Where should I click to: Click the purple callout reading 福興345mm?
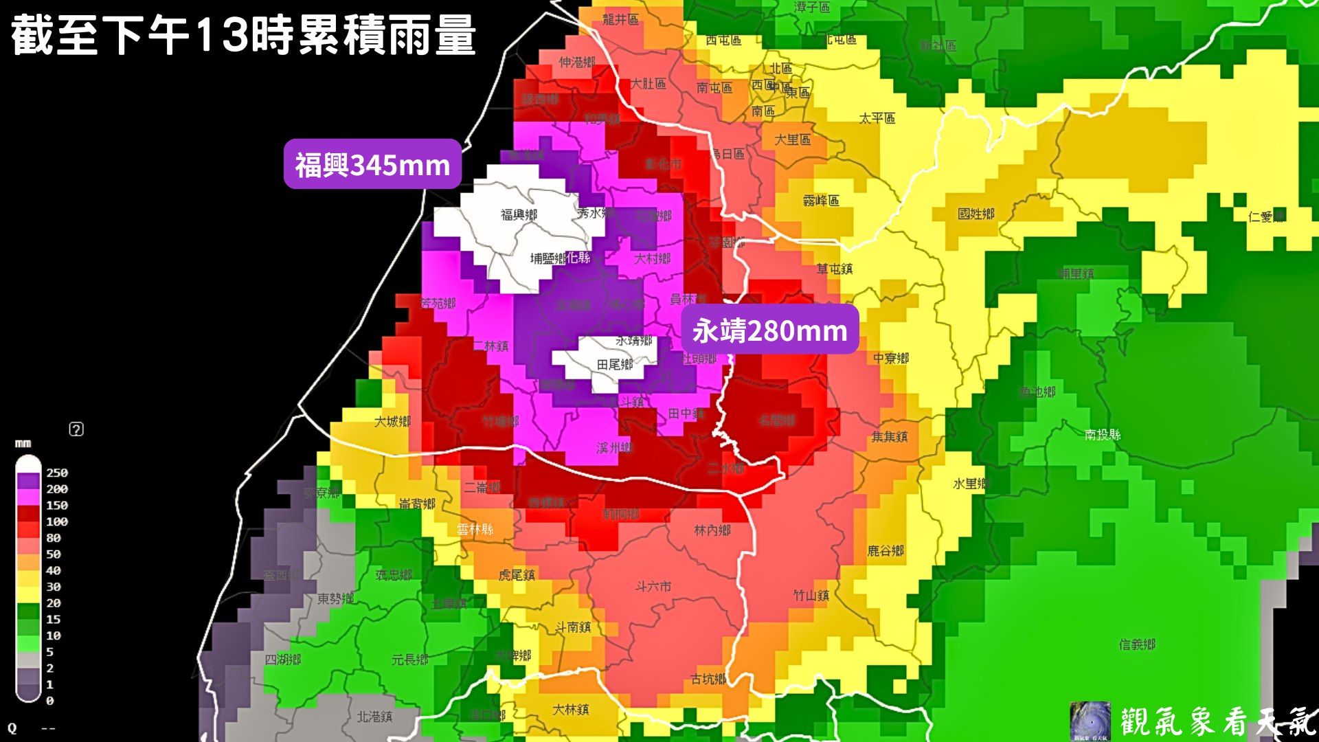tap(372, 165)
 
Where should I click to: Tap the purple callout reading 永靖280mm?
tap(769, 330)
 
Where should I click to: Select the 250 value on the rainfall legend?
tap(57, 473)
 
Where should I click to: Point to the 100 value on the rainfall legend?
tap(57, 521)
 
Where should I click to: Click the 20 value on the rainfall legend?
tap(54, 603)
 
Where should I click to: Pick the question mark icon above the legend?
tap(76, 429)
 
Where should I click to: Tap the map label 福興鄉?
tap(519, 215)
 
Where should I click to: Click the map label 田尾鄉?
tap(615, 365)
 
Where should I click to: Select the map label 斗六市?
tap(653, 586)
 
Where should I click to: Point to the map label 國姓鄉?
tap(976, 214)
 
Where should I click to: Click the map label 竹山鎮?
tap(811, 595)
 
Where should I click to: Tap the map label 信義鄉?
tap(1137, 644)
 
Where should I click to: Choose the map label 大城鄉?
tap(392, 421)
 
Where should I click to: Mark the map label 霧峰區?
tap(821, 201)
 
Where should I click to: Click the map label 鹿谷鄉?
tap(886, 550)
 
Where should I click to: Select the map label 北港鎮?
tap(374, 717)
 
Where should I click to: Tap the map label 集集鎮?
tap(890, 436)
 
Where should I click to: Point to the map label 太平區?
tap(877, 118)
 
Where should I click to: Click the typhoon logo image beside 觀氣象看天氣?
tap(1090, 721)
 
